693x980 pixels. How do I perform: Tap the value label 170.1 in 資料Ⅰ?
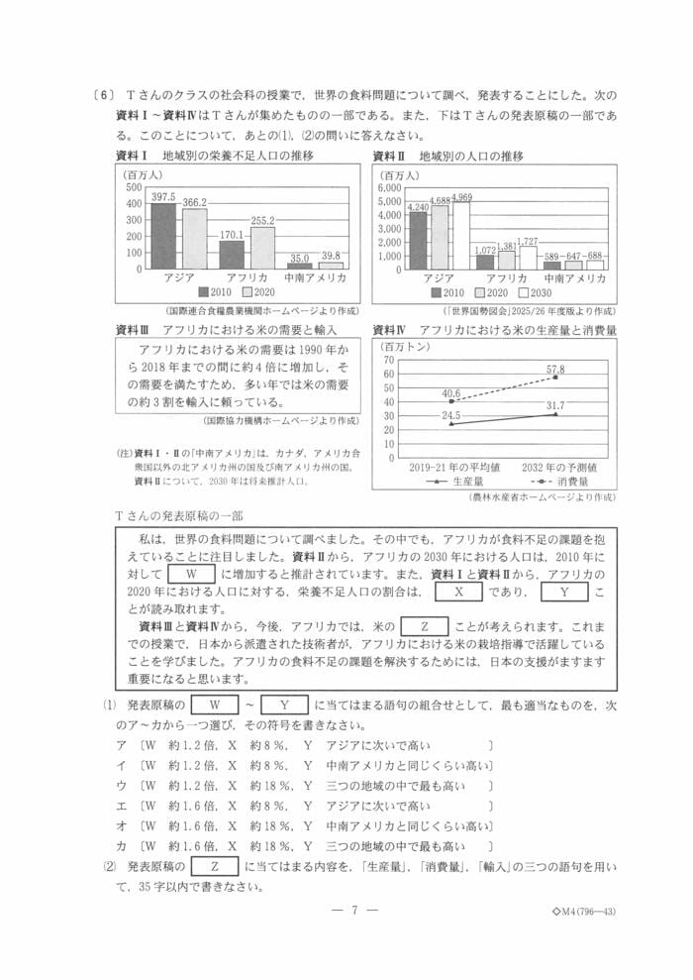(232, 235)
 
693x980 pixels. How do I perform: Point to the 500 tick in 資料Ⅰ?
(134, 188)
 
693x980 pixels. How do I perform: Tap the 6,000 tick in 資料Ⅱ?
(389, 187)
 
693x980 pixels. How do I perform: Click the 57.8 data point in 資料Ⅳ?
(556, 378)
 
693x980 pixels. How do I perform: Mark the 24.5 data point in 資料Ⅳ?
(451, 423)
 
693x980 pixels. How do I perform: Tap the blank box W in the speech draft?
(192, 573)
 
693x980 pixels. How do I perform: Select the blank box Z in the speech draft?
(425, 626)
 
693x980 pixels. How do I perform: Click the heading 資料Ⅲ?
(132, 329)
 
